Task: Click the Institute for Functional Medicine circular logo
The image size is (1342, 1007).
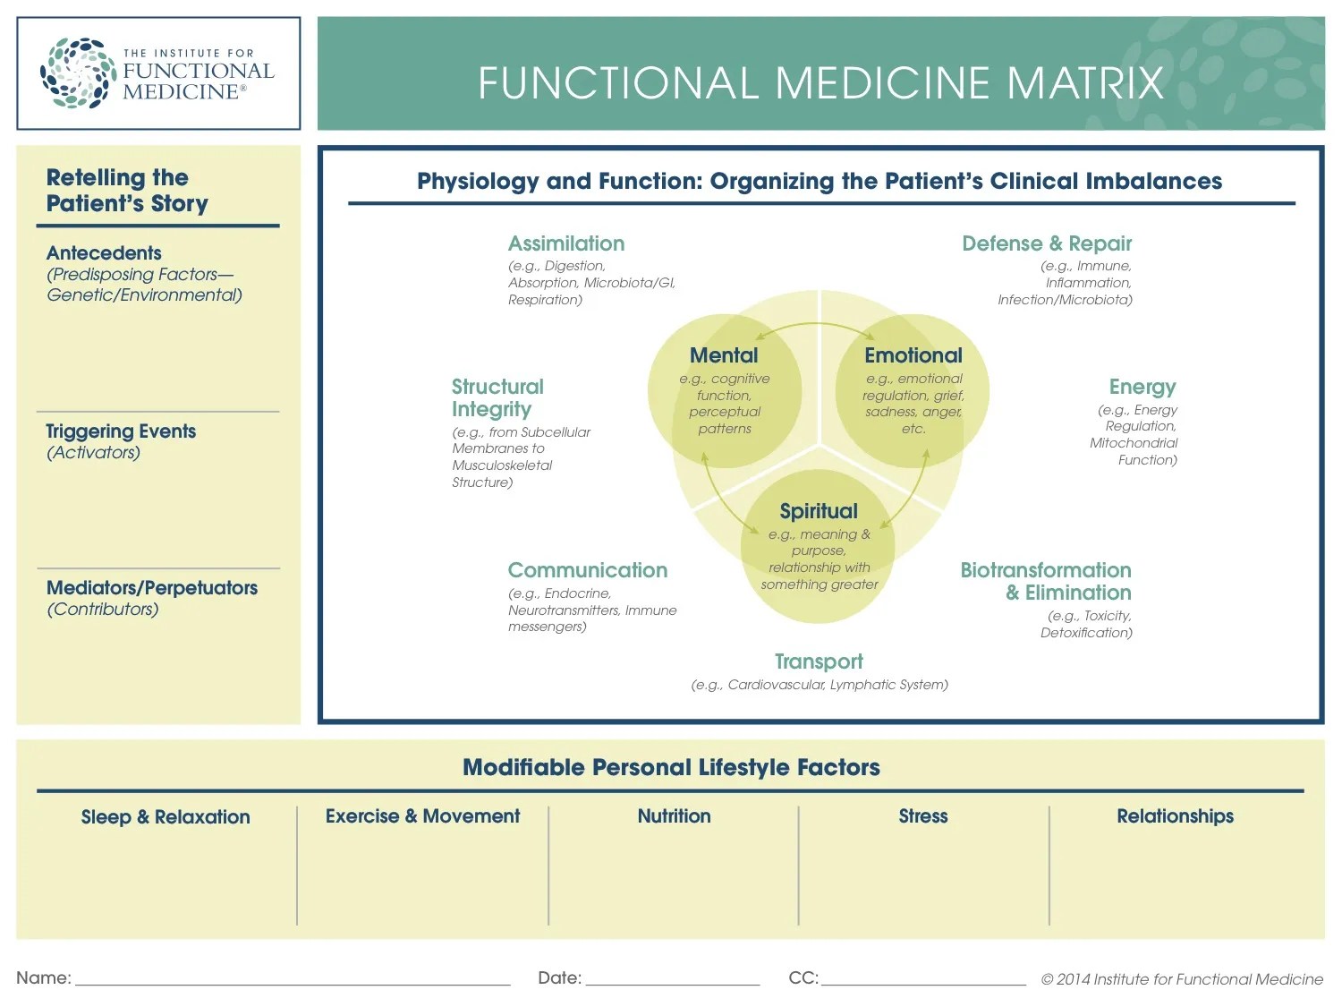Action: pyautogui.click(x=78, y=73)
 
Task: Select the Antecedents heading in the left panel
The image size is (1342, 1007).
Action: pyautogui.click(x=104, y=253)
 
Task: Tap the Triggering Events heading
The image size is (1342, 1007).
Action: pyautogui.click(x=121, y=431)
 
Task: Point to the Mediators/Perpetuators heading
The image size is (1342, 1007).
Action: pyautogui.click(x=152, y=588)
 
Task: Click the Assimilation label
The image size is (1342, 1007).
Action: pyautogui.click(x=566, y=243)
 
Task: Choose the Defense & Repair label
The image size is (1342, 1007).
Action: pyautogui.click(x=1046, y=243)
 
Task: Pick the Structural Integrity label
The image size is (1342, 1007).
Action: pyautogui.click(x=497, y=398)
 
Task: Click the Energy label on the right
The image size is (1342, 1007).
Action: pyautogui.click(x=1142, y=387)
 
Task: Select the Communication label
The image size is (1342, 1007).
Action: pyautogui.click(x=588, y=570)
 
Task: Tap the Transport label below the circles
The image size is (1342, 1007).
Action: pyautogui.click(x=819, y=661)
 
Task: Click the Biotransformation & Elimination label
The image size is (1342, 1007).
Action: pyautogui.click(x=1045, y=582)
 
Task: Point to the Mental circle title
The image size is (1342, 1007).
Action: pyautogui.click(x=724, y=355)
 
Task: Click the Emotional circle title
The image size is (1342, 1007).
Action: pyautogui.click(x=913, y=355)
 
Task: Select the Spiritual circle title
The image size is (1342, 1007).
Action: pyautogui.click(x=819, y=511)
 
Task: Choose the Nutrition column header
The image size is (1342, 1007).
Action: pyautogui.click(x=674, y=816)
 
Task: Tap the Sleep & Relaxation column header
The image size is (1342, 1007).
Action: pyautogui.click(x=166, y=817)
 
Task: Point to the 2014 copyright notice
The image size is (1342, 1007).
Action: pyautogui.click(x=1181, y=979)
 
